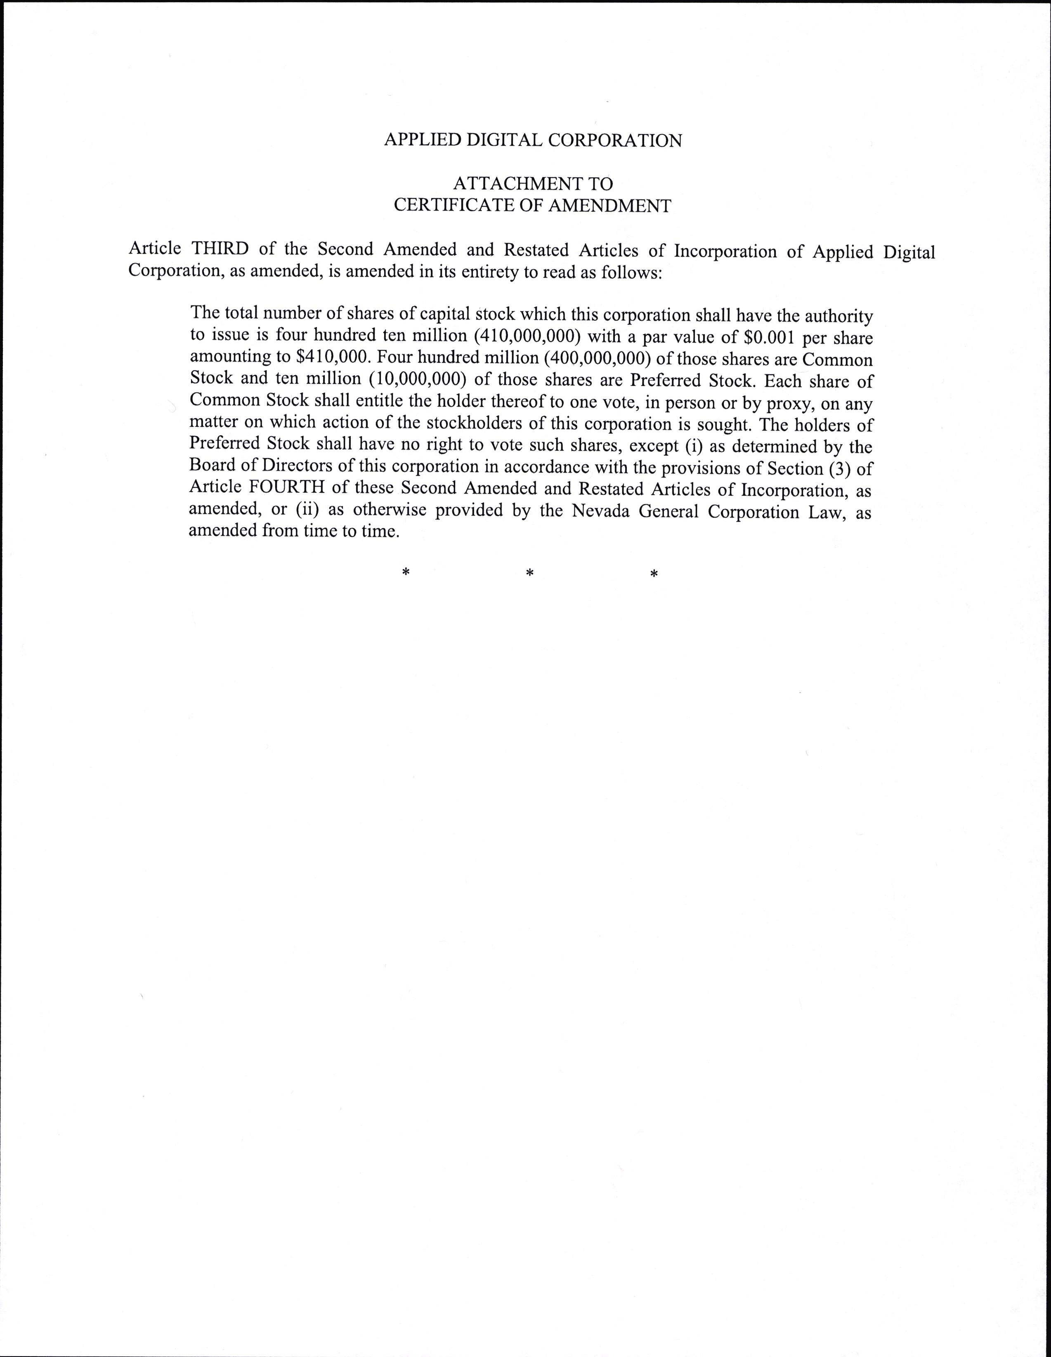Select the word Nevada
point(600,511)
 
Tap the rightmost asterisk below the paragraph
point(654,574)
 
